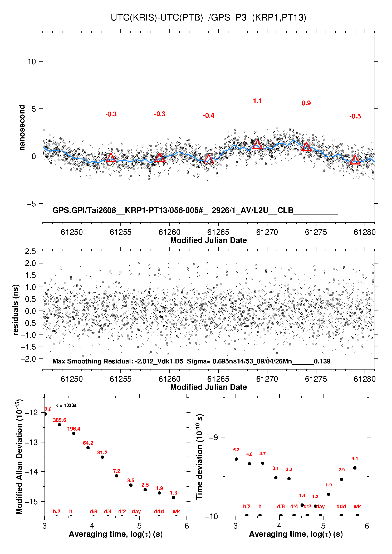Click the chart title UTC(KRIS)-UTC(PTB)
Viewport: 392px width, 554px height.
157,18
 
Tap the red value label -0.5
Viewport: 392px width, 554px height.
355,116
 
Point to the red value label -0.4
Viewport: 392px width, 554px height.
208,116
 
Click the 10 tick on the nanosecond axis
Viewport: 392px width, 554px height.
32,62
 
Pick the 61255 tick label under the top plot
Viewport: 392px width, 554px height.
120,232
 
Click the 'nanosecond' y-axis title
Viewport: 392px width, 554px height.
22,128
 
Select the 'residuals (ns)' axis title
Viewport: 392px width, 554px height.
16,310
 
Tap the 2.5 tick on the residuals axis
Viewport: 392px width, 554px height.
31,251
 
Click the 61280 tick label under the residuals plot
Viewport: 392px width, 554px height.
365,379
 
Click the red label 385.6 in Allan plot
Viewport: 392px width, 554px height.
60,420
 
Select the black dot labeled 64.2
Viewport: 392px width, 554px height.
88,448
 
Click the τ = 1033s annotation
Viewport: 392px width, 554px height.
66,405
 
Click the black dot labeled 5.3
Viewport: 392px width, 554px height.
236,459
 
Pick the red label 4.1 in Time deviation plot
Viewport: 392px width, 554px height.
355,458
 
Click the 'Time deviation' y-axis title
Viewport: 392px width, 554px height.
199,457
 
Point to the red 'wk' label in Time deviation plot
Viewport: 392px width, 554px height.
357,506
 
